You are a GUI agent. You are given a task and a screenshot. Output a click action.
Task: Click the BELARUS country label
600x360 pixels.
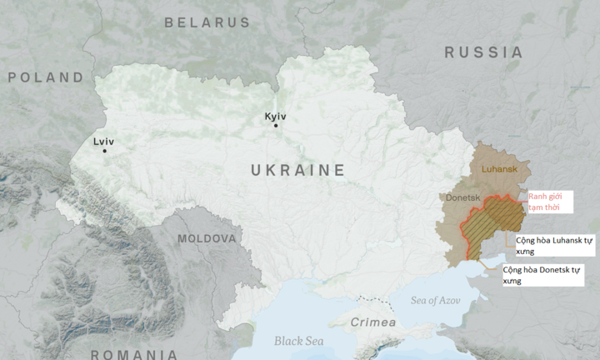207,22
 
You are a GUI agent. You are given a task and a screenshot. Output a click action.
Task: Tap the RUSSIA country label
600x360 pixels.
483,52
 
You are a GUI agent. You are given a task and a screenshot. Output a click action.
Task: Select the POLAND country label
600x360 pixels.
46,77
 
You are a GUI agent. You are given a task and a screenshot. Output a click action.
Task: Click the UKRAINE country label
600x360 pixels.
297,170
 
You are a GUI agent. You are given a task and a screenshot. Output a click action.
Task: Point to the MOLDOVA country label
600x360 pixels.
207,238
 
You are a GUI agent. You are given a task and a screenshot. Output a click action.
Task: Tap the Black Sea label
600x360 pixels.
298,341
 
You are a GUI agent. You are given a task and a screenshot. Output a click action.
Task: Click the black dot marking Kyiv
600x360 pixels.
276,126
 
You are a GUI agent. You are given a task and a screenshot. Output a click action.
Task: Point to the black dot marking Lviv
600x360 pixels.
104,151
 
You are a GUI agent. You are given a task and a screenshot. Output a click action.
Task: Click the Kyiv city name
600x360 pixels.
275,116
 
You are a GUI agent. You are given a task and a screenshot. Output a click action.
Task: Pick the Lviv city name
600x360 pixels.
104,141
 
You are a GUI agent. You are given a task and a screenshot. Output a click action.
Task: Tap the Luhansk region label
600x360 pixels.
500,169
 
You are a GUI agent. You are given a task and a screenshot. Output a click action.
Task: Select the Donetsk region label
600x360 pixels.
462,198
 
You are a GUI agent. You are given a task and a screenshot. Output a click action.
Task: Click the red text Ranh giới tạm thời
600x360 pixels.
549,202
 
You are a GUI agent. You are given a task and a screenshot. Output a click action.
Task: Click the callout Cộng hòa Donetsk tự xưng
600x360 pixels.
542,275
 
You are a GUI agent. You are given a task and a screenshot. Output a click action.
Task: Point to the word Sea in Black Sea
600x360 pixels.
313,341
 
